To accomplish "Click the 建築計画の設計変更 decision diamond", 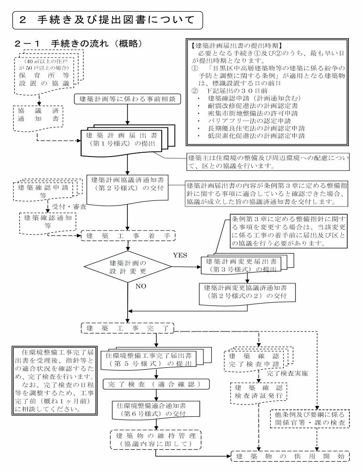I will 128,266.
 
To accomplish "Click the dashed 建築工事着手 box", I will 128,234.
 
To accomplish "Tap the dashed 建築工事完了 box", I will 128,327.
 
